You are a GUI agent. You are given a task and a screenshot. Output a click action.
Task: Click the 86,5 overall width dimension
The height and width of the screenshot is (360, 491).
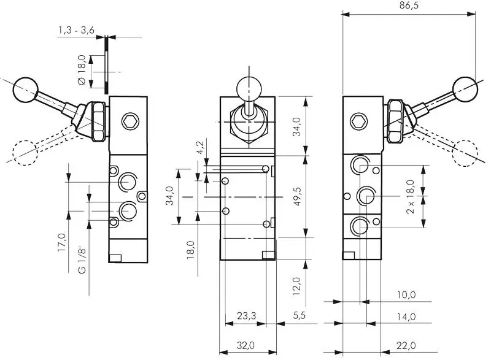[408, 6]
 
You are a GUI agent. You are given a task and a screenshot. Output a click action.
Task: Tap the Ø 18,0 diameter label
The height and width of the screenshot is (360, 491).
[80, 72]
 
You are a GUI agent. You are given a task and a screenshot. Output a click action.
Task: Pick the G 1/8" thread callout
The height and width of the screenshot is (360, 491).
[81, 261]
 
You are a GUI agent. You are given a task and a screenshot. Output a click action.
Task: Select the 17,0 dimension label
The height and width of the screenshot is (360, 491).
[61, 242]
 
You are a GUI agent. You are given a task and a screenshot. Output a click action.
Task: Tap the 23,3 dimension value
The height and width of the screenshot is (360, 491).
[246, 316]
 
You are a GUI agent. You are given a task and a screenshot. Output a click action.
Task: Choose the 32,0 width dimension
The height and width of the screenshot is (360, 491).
[246, 346]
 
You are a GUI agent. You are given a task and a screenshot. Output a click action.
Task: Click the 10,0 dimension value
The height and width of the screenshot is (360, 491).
[406, 295]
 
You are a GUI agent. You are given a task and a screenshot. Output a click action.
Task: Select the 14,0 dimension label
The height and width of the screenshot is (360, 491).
[406, 316]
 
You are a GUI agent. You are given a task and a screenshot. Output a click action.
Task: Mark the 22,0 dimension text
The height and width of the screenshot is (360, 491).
[406, 346]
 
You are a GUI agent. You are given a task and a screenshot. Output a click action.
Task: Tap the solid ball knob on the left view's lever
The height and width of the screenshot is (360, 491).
[26, 90]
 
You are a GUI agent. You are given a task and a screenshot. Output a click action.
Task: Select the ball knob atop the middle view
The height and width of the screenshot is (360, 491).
[248, 88]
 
